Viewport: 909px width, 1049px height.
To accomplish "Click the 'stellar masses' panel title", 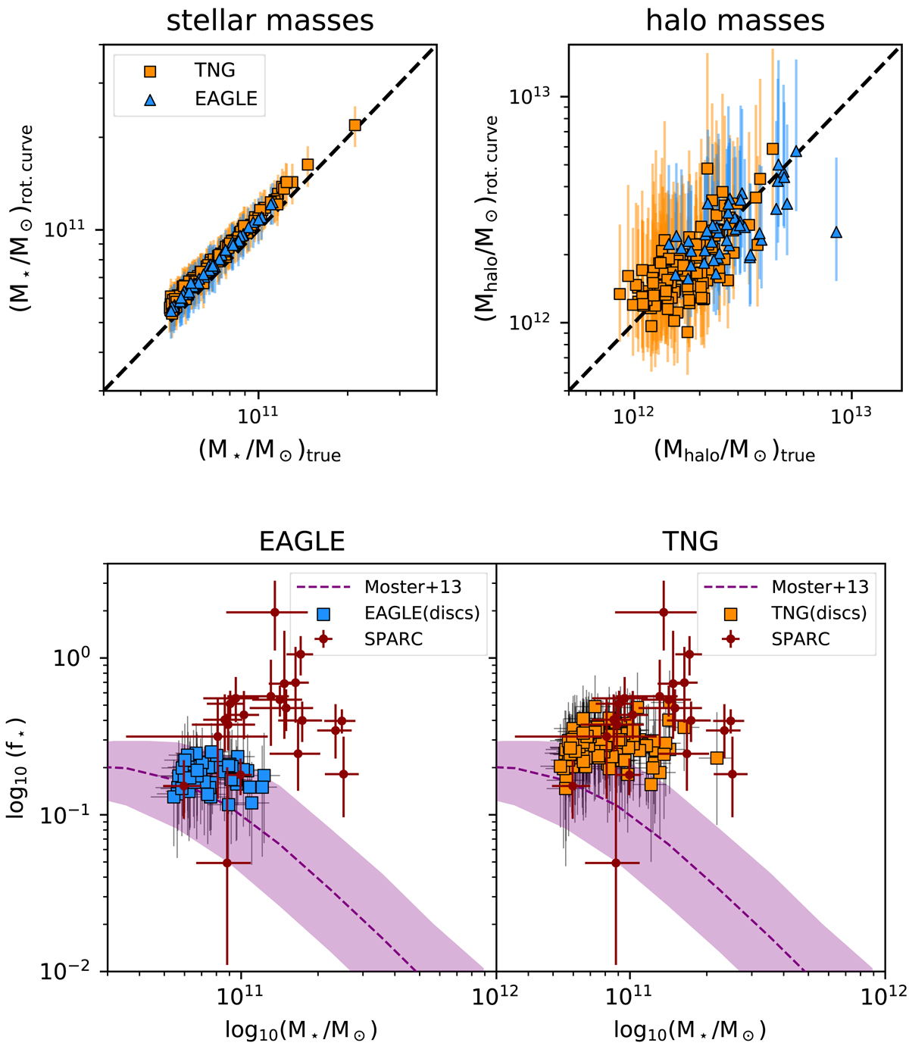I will coord(270,20).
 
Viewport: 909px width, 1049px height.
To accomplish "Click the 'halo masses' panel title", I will coord(735,20).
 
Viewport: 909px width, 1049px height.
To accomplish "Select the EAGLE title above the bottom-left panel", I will coord(301,542).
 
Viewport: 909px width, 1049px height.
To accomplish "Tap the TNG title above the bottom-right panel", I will coord(689,542).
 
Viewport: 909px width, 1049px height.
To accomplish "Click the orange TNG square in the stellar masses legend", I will coord(150,71).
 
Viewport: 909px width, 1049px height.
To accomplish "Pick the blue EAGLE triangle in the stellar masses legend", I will coord(150,99).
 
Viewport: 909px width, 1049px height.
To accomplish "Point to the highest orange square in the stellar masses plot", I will coord(355,125).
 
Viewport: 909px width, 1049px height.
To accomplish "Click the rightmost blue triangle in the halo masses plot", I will coord(836,232).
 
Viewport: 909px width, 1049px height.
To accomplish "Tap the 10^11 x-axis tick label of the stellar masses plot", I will coord(258,414).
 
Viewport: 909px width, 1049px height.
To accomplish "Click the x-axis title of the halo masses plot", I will coord(734,451).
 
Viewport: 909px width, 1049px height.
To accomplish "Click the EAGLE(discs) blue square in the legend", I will coord(323,613).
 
